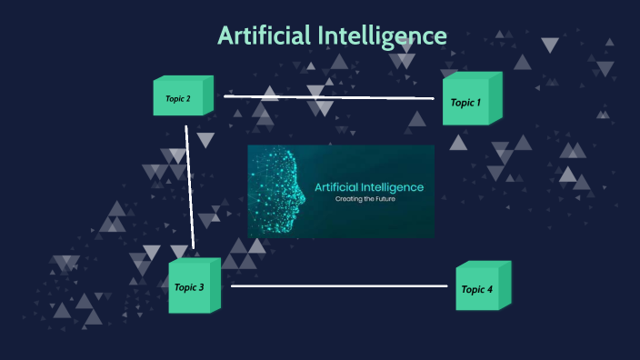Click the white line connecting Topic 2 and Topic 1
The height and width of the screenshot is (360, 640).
329,96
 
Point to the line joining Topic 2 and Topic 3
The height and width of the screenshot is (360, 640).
190,186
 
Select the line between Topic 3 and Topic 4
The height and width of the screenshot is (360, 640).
339,286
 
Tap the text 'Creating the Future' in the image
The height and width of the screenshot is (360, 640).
368,198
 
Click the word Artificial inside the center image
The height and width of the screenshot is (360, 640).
337,186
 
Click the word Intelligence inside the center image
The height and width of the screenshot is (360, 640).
393,186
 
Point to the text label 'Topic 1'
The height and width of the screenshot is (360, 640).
465,103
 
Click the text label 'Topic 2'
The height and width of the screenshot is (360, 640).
178,98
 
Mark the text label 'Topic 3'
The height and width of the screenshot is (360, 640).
189,288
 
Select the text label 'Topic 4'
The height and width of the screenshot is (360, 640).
476,290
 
